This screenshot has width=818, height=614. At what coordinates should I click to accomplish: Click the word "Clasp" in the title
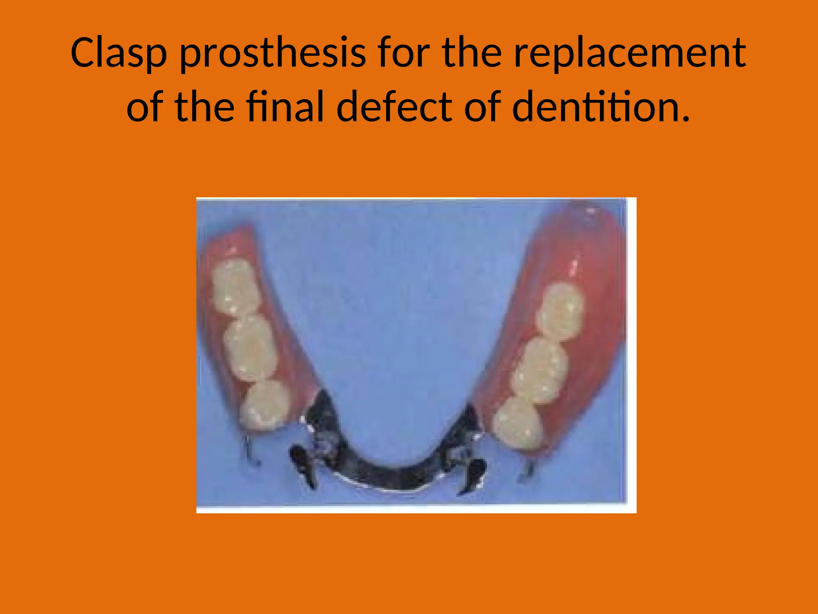pos(118,53)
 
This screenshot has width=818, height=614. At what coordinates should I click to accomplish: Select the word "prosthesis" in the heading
pos(272,53)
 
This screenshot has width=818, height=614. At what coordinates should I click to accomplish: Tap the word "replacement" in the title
pos(629,53)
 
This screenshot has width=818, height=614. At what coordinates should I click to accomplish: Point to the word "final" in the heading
pos(285,107)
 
